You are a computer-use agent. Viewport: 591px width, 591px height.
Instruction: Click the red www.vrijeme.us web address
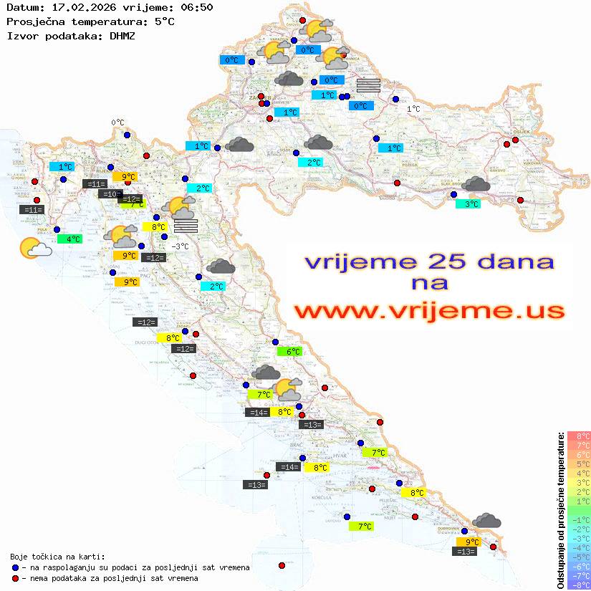tap(429, 311)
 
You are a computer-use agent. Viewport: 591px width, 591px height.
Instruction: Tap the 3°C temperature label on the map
tap(468, 204)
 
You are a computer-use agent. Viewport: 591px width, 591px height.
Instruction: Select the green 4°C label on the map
tap(69, 239)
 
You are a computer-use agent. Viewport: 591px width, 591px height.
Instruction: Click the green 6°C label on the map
tap(289, 352)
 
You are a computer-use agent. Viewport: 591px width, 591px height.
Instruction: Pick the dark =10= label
tap(110, 194)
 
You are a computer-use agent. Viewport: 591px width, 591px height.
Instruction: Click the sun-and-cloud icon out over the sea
tap(34, 248)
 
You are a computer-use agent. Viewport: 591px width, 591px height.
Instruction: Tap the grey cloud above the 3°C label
tap(475, 185)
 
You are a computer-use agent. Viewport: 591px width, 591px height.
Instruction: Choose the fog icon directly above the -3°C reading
tap(186, 226)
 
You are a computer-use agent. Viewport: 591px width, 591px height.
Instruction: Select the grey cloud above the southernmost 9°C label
tap(487, 521)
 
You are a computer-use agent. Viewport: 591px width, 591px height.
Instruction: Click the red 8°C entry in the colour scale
tap(579, 436)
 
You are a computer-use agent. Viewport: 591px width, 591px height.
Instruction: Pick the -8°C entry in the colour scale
tap(579, 585)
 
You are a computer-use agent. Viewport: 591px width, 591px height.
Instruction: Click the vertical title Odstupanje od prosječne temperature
tap(559, 510)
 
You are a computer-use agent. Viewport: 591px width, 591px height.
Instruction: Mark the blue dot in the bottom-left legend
tap(15, 567)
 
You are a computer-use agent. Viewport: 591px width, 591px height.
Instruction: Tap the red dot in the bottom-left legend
tap(15, 578)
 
